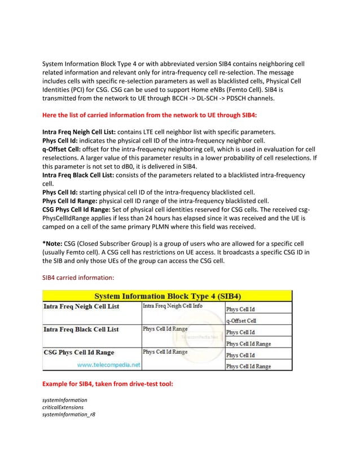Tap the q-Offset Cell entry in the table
tap(242, 321)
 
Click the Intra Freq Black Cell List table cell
tap(81, 329)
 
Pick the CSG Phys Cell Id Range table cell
tap(79, 353)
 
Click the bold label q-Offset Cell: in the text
tap(64, 148)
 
